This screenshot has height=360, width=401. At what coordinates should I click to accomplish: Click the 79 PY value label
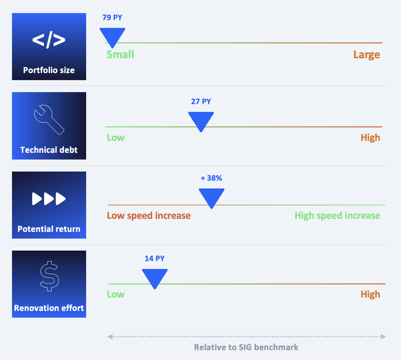click(112, 17)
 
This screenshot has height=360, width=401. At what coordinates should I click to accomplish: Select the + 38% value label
click(211, 178)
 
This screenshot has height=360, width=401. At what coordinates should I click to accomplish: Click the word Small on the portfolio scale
click(120, 54)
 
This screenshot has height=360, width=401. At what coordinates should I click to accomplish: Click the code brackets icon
click(49, 40)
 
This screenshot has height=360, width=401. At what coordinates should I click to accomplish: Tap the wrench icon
click(49, 120)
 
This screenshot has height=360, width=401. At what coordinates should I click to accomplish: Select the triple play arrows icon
click(49, 199)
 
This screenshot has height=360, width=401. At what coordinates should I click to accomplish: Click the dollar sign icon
click(49, 276)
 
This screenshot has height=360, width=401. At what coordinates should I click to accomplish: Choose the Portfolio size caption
click(49, 70)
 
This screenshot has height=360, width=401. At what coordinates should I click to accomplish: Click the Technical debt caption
click(49, 150)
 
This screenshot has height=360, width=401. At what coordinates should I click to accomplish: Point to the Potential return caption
click(49, 229)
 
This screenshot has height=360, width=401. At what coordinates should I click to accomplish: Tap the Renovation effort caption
click(49, 308)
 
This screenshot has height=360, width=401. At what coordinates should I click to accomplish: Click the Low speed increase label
click(149, 216)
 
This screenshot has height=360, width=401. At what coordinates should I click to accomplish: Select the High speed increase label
click(337, 216)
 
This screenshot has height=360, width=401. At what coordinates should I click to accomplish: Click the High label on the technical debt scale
click(370, 138)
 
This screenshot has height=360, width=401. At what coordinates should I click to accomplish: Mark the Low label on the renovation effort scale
click(115, 294)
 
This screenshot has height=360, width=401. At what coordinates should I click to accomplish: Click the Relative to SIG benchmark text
click(246, 347)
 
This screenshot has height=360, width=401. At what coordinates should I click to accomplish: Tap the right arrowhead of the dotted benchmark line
click(383, 336)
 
